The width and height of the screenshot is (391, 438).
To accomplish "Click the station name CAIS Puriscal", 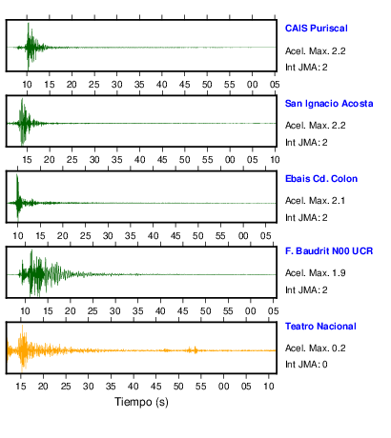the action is [x=316, y=29].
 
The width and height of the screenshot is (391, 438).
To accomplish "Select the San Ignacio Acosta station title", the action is [x=329, y=104].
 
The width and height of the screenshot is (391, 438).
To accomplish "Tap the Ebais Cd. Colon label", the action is [x=321, y=179].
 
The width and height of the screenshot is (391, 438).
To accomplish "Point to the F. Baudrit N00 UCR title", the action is [x=329, y=251].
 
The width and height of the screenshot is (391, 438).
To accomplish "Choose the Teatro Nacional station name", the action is [x=320, y=327].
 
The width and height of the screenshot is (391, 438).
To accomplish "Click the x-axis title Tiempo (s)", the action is [x=141, y=402].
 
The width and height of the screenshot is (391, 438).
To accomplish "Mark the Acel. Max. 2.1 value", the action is [x=315, y=201].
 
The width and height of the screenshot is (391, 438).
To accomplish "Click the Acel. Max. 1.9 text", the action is [x=315, y=273].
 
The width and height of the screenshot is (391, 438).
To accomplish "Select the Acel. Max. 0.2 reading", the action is [x=315, y=348].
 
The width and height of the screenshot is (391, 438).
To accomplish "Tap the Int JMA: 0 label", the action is [x=306, y=365].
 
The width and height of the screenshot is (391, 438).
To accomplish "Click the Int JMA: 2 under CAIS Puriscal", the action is [x=306, y=68].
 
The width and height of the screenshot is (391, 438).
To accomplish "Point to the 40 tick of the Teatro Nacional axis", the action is [x=134, y=387].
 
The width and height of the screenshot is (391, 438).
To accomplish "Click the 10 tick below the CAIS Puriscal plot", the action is [x=27, y=85].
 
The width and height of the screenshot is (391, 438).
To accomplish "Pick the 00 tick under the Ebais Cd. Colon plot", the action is [x=243, y=236].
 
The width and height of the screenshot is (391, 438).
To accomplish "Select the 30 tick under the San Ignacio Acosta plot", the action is [x=94, y=160].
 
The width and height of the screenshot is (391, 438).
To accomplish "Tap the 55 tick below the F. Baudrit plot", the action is [x=228, y=311].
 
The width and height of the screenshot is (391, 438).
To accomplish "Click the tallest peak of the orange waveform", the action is [x=22, y=326].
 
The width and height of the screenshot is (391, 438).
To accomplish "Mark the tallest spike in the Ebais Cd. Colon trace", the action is [x=17, y=174].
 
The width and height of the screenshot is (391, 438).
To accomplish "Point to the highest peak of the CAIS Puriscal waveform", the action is [x=29, y=24].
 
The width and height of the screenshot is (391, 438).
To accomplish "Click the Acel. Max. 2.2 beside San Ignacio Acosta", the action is [x=315, y=126].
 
